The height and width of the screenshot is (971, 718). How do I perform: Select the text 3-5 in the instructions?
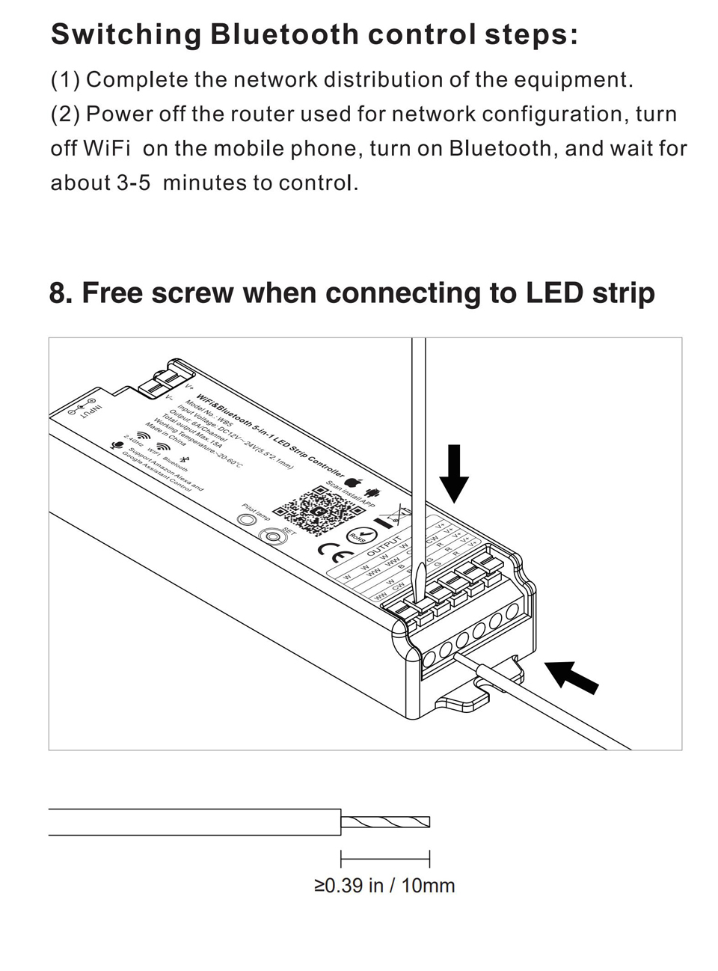point(134,183)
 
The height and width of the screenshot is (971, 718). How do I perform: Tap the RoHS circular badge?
point(359,536)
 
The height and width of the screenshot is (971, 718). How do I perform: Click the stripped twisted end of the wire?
point(386,821)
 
